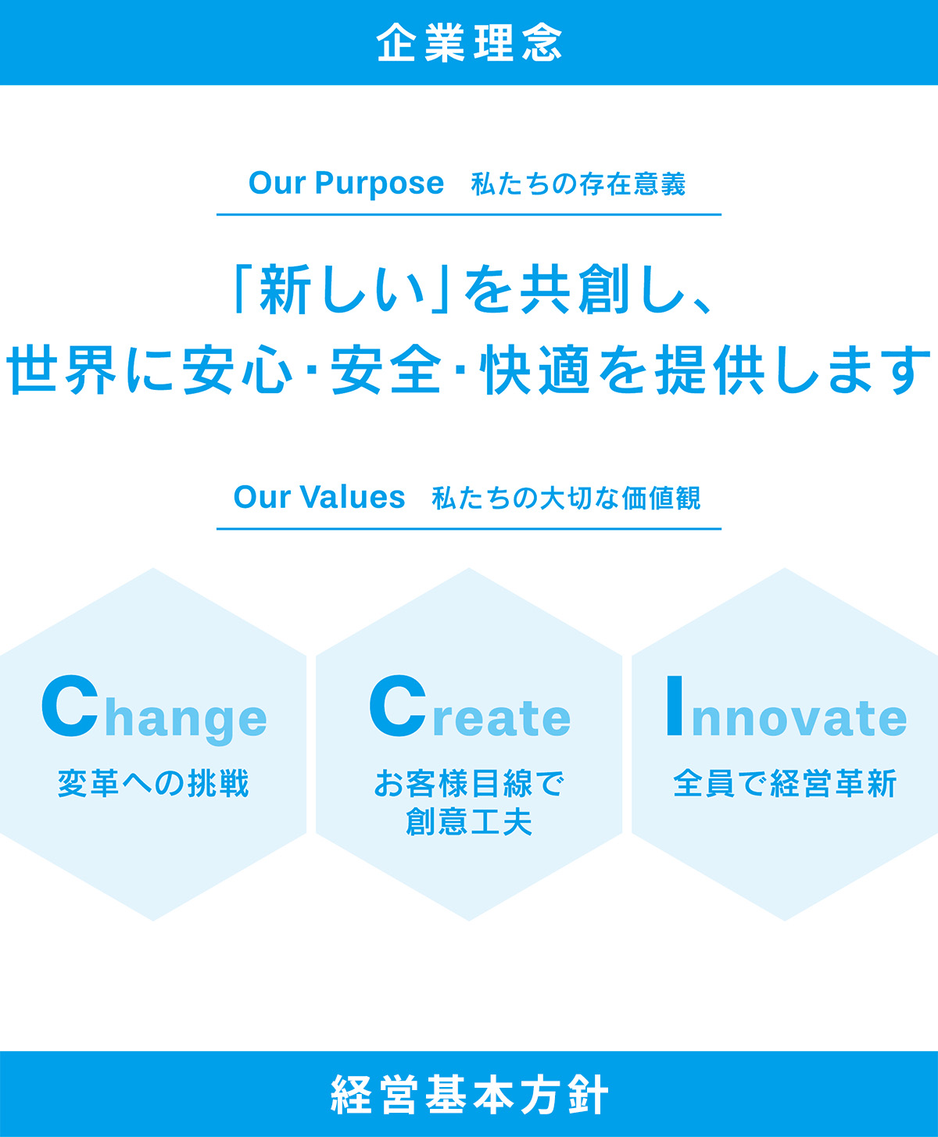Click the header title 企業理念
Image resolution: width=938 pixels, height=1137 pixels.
point(469,43)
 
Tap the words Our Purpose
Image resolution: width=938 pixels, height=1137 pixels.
point(345,184)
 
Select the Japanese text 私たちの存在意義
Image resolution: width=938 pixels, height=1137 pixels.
point(578,185)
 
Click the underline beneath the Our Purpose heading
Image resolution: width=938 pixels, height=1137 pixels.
point(469,214)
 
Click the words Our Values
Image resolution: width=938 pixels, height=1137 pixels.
point(319,498)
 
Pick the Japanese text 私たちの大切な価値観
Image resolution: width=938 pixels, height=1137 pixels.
point(566,499)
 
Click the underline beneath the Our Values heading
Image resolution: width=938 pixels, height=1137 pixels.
point(469,529)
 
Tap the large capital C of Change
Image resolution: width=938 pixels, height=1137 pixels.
point(70,707)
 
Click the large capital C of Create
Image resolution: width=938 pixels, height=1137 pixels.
point(398,707)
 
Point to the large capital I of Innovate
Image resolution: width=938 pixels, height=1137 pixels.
point(674,707)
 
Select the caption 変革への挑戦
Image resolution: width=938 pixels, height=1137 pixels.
point(153,783)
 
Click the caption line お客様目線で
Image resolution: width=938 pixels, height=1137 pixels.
point(469,783)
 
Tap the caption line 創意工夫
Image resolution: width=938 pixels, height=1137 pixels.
point(469,821)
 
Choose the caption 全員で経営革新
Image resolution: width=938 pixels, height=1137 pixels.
point(784,783)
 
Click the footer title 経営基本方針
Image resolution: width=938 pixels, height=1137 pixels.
point(469,1095)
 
